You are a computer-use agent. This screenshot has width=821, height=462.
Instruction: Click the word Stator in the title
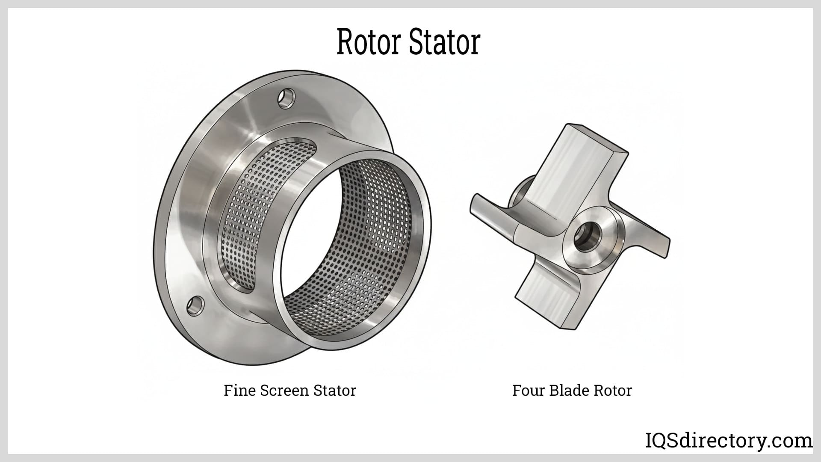445,42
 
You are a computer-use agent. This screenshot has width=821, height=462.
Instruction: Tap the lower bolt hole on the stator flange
195,306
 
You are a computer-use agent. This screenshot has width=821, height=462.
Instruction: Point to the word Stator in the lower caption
335,390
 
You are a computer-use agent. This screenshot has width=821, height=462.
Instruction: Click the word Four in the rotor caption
529,390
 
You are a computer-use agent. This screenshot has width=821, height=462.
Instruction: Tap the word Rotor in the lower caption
612,390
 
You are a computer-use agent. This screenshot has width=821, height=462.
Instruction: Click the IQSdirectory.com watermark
729,441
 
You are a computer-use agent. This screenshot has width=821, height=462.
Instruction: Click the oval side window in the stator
257,214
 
